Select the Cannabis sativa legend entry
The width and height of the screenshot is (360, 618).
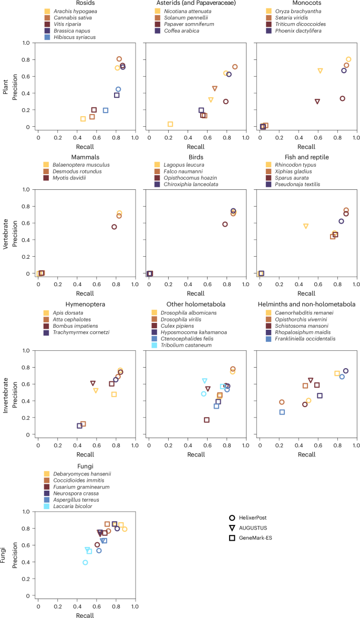tap(71, 17)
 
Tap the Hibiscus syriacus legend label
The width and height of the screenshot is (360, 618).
tap(74, 37)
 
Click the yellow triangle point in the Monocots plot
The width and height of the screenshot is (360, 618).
tap(320, 70)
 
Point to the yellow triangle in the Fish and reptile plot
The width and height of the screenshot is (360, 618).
tap(306, 226)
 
